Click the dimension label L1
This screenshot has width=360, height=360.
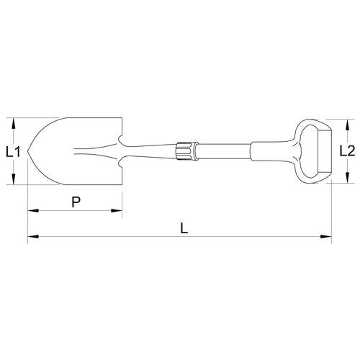pos(13,152)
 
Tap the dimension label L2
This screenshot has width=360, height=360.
pos(347,151)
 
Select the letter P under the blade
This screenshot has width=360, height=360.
pos(76,202)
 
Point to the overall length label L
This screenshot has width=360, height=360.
pos(184,228)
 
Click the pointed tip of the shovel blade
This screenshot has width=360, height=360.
pos(28,151)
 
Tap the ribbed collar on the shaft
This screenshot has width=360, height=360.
pos(187,151)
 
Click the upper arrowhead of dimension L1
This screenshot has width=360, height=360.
pos(14,123)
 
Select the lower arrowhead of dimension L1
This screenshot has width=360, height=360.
pos(14,179)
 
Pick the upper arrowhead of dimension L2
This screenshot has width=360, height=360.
pos(347,125)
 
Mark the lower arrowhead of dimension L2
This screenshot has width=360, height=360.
pos(347,177)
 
